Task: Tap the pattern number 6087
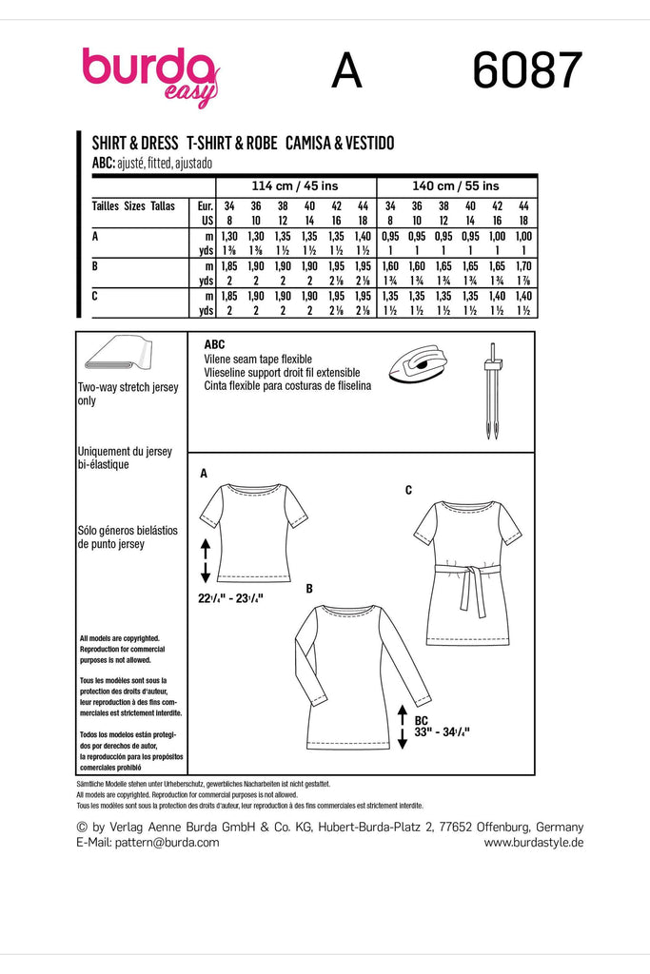[x=526, y=71]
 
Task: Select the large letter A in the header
[x=347, y=71]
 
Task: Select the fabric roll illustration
[x=117, y=355]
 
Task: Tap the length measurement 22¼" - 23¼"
[x=230, y=597]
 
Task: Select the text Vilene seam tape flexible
[x=258, y=360]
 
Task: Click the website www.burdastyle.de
[x=533, y=842]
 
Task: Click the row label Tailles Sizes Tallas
[x=133, y=205]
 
